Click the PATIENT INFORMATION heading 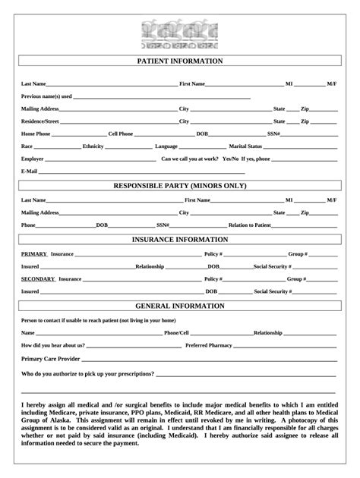[180, 61]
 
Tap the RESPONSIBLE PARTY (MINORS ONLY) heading [180, 185]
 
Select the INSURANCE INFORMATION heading [180, 239]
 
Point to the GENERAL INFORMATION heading [180, 306]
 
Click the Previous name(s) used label [46, 96]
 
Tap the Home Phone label [36, 134]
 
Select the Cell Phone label [120, 134]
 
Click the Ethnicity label [93, 146]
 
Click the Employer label [33, 159]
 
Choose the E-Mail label [30, 172]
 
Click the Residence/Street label [40, 121]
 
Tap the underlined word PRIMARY [34, 253]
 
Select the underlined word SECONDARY [38, 278]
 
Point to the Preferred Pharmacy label [208, 345]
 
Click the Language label [166, 146]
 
